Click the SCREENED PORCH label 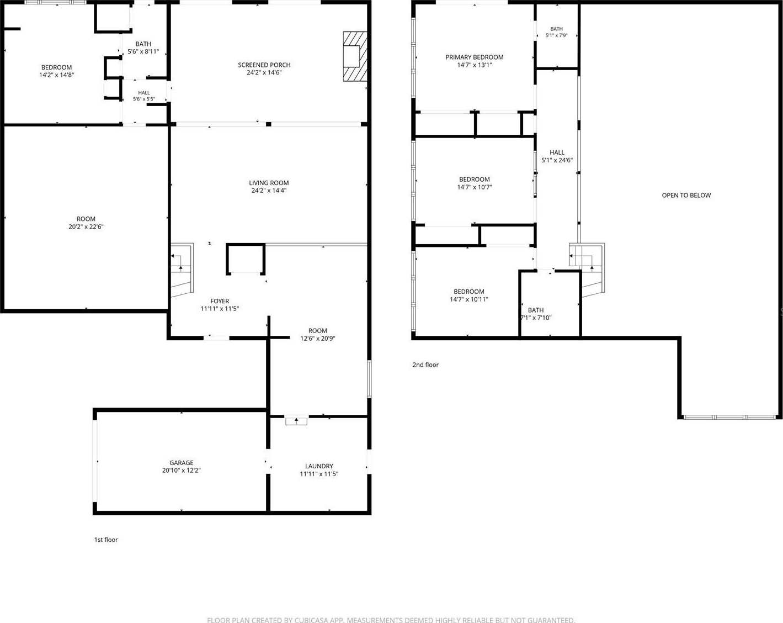pyautogui.click(x=264, y=65)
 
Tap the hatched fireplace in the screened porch pyautogui.click(x=355, y=56)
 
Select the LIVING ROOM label pyautogui.click(x=269, y=183)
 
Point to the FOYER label pyautogui.click(x=220, y=301)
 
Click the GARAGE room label pyautogui.click(x=181, y=463)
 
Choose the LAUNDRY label pyautogui.click(x=319, y=466)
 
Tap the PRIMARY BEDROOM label pyautogui.click(x=475, y=57)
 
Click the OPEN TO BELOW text pyautogui.click(x=686, y=196)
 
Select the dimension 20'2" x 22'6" pyautogui.click(x=86, y=226)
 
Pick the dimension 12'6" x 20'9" pyautogui.click(x=318, y=339)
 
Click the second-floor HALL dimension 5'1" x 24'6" pyautogui.click(x=557, y=160)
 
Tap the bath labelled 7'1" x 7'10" pyautogui.click(x=536, y=314)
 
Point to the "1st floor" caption pyautogui.click(x=106, y=540)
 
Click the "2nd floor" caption pyautogui.click(x=425, y=365)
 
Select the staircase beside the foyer pyautogui.click(x=182, y=270)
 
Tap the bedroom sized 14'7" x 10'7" pyautogui.click(x=475, y=183)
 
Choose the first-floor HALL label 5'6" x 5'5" pyautogui.click(x=143, y=96)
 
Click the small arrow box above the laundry pyautogui.click(x=296, y=421)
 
